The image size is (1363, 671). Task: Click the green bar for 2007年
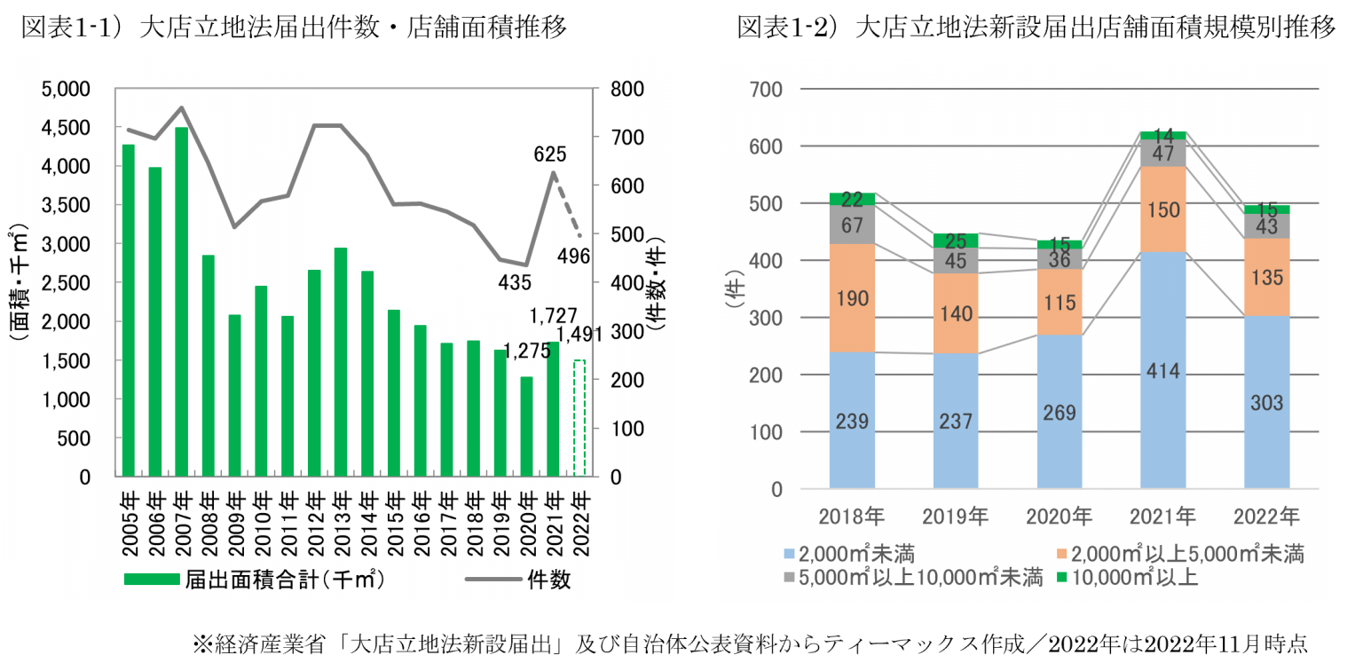tap(182, 302)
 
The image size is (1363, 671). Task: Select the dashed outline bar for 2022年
tap(579, 418)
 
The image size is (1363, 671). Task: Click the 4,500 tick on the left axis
tap(67, 128)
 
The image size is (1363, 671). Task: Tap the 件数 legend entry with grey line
tap(519, 580)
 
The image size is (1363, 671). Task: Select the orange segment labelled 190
tap(852, 298)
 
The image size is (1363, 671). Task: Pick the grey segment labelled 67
tap(852, 225)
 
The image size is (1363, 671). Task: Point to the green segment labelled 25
tap(956, 241)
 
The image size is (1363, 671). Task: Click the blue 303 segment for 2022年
tap(1266, 402)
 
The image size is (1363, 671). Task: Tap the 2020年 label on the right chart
tap(1060, 516)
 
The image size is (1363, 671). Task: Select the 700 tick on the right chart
tap(765, 90)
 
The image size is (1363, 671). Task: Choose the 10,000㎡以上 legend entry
tap(1132, 578)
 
